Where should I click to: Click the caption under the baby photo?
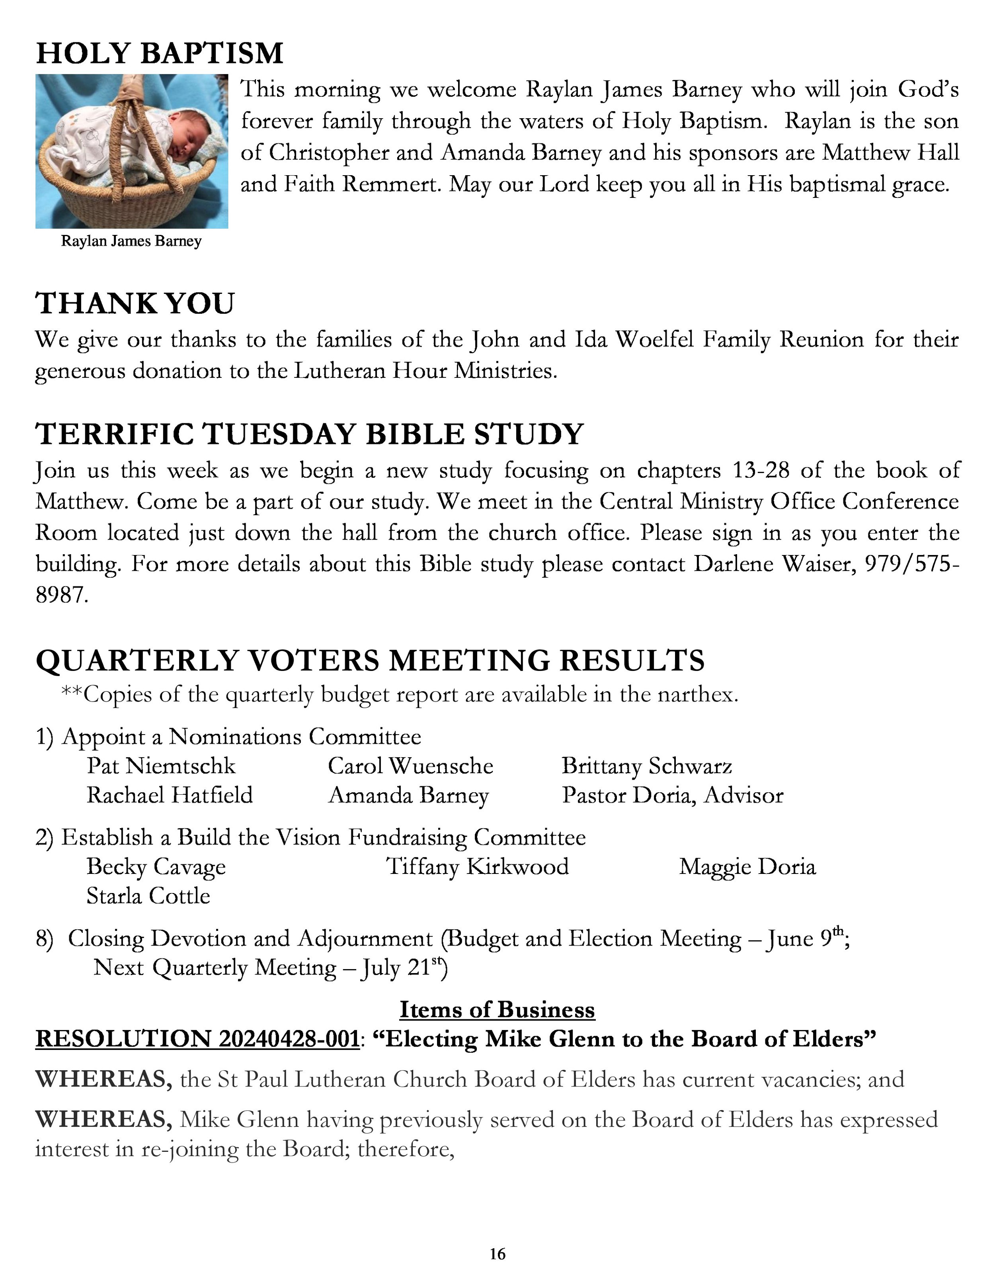pos(131,241)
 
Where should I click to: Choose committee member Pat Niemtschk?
pos(161,766)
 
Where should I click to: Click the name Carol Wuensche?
pos(410,766)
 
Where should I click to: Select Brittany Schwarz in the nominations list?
pos(647,766)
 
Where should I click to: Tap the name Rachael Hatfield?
pos(170,795)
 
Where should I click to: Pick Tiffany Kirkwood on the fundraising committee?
pos(478,867)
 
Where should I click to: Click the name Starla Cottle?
pos(148,896)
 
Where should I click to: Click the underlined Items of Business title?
pos(497,1010)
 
